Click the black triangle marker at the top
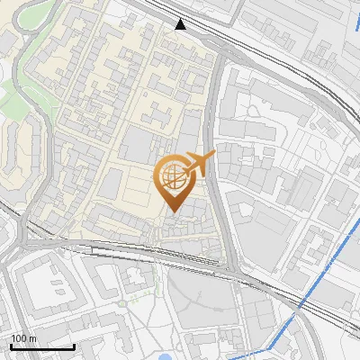(x=181, y=24)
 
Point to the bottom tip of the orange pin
(x=172, y=212)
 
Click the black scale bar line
(x=41, y=346)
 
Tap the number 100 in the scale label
(x=19, y=338)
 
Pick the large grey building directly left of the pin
(x=135, y=144)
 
